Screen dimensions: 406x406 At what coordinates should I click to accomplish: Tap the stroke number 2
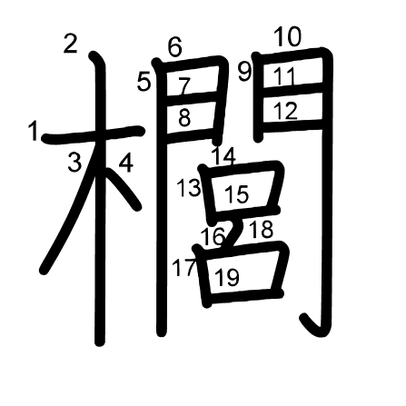pos(71,44)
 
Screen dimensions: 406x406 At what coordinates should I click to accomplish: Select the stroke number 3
pos(74,162)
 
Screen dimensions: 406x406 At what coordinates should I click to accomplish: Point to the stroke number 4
pos(126,163)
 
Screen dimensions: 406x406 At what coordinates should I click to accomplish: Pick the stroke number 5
pos(144,82)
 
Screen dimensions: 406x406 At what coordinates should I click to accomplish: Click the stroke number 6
pos(175,47)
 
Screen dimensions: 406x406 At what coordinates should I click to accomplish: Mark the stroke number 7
pos(184,85)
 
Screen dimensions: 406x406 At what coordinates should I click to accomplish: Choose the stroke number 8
pos(184,117)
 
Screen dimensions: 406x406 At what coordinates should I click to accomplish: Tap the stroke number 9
pos(244,72)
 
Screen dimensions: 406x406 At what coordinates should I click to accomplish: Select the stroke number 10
pos(288,36)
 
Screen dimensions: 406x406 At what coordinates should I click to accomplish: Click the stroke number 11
pos(284,76)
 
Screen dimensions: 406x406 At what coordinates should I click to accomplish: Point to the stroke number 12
pos(285,111)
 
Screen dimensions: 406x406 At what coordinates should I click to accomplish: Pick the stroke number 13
pos(188,188)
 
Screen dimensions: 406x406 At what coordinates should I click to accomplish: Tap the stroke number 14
pos(224,156)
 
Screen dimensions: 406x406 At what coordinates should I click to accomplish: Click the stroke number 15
pos(237,194)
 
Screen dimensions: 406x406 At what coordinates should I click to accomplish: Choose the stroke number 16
pos(213,236)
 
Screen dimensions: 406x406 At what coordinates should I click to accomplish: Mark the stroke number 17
pos(183,268)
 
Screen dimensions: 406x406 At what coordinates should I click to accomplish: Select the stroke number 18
pos(261,229)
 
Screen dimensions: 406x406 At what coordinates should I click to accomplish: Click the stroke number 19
pos(227,277)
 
